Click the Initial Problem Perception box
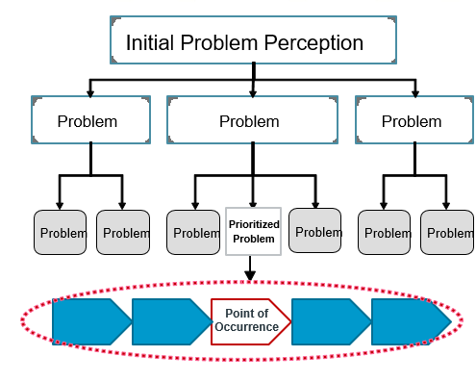click(253, 43)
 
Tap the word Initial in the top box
click(150, 43)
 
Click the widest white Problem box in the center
click(252, 121)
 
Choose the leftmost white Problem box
click(90, 121)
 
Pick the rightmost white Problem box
click(413, 121)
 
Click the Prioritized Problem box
click(253, 231)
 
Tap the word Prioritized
click(253, 224)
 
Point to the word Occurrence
click(252, 328)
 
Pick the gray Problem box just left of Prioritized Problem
click(195, 232)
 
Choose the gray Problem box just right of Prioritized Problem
click(317, 232)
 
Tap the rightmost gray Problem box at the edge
click(448, 232)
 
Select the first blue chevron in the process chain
click(90, 321)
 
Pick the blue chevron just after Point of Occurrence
click(331, 321)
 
